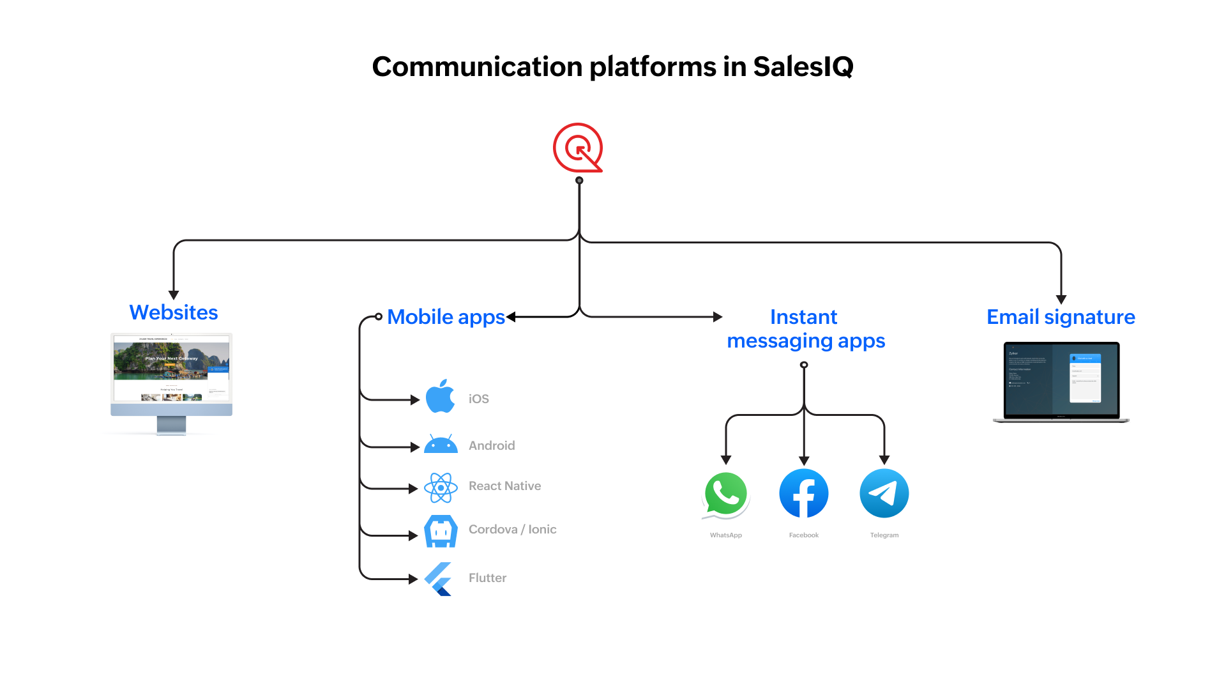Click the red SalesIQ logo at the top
click(577, 148)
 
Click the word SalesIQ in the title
click(803, 66)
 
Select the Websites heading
click(174, 312)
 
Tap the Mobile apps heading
click(446, 317)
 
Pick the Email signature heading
click(1061, 317)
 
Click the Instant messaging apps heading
click(805, 329)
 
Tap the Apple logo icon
click(441, 396)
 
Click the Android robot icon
click(441, 444)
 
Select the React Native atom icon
click(441, 487)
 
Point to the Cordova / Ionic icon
click(441, 531)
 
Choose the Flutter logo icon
click(439, 579)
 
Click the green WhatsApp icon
click(726, 494)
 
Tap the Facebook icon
click(804, 493)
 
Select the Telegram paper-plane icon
click(884, 493)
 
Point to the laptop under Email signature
click(1061, 382)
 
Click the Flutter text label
click(487, 578)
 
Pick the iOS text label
click(478, 399)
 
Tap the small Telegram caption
click(884, 535)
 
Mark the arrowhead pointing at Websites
click(174, 295)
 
